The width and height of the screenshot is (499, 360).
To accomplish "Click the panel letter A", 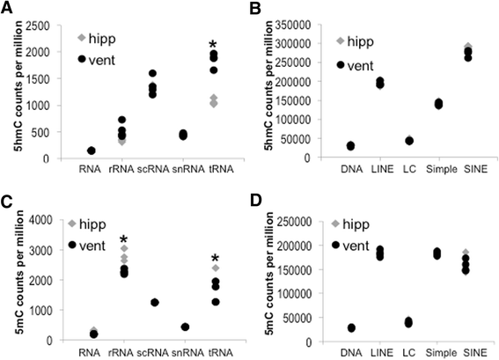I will click(8, 10).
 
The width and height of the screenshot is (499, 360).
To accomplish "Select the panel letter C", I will click(8, 193).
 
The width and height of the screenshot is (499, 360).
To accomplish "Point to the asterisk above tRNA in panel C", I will click(212, 258).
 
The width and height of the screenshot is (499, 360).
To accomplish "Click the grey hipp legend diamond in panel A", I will click(82, 38).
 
